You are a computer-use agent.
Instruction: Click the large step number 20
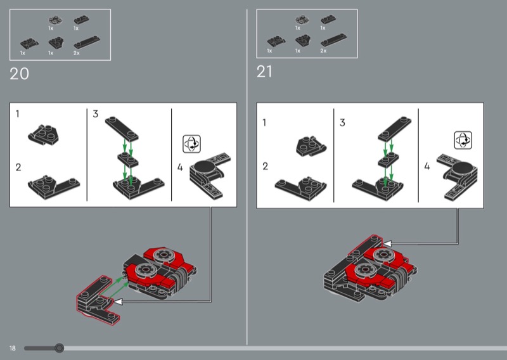[x=20, y=74]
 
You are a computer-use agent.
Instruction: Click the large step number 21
[x=264, y=72]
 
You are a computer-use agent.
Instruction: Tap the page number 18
[x=12, y=348]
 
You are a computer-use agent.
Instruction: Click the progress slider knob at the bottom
[x=59, y=348]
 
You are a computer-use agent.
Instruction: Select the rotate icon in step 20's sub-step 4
[x=192, y=144]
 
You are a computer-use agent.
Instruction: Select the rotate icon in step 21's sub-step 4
[x=463, y=140]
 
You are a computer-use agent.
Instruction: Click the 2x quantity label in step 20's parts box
[x=76, y=53]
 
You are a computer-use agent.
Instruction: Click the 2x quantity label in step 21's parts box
[x=323, y=51]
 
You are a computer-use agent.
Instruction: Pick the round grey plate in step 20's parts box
[x=56, y=20]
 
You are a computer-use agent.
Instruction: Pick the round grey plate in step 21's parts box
[x=302, y=20]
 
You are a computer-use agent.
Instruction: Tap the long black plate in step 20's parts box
[x=87, y=42]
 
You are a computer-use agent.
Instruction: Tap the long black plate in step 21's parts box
[x=334, y=40]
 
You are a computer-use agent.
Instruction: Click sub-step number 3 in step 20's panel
[x=96, y=114]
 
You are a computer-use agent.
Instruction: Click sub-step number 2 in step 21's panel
[x=265, y=166]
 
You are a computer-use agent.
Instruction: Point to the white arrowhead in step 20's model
[x=118, y=302]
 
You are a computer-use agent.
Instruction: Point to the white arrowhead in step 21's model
[x=387, y=243]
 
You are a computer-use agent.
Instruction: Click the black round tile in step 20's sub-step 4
[x=203, y=167]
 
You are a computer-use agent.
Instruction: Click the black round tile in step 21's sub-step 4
[x=463, y=168]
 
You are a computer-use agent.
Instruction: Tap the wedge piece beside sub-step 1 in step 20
[x=43, y=135]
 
